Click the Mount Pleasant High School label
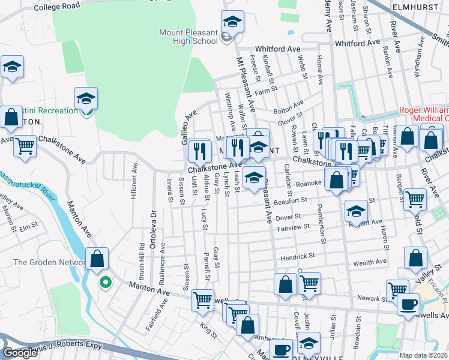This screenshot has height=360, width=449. (188, 36)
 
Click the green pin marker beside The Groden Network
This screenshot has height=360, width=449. (106, 281)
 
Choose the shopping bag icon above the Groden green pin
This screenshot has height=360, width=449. (97, 260)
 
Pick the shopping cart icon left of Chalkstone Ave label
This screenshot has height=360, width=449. (25, 146)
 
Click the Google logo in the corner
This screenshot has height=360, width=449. (21, 352)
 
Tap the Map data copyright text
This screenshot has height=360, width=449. (423, 355)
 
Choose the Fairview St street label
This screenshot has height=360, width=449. (294, 227)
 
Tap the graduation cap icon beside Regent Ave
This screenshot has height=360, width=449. (356, 211)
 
